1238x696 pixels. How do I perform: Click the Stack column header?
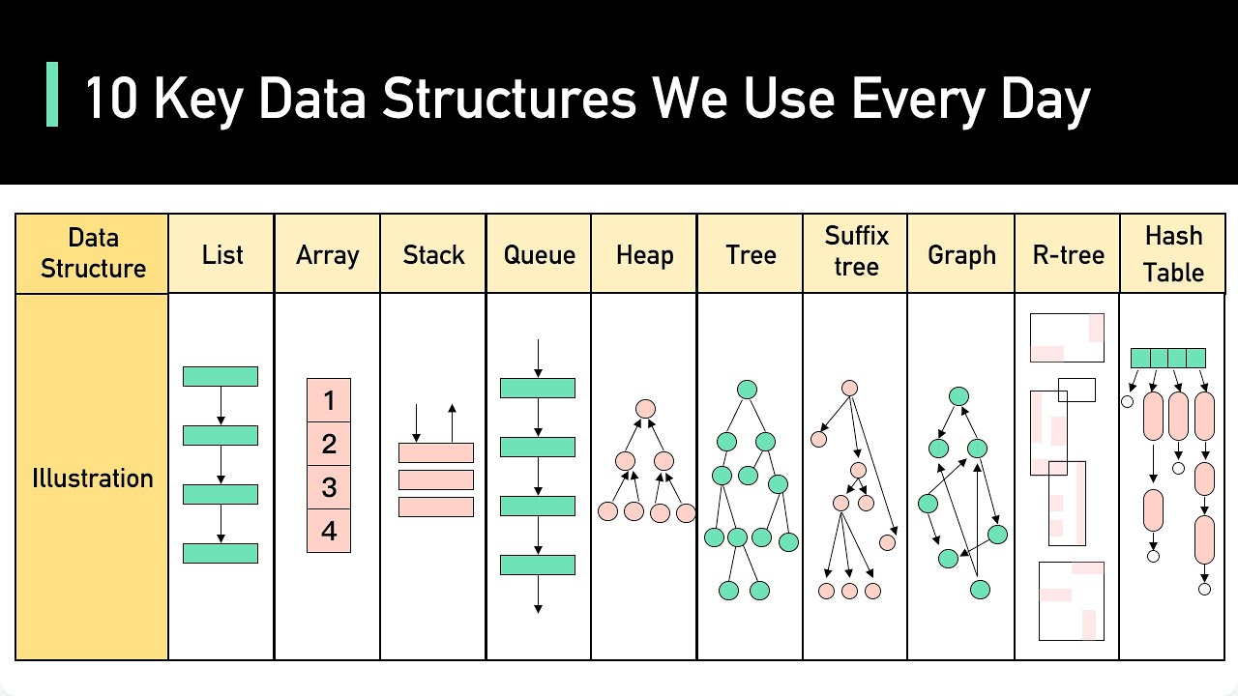pos(433,255)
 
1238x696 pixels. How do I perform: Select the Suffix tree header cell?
pos(856,251)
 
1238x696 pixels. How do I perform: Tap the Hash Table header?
pos(1172,253)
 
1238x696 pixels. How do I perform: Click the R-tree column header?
pos(1068,255)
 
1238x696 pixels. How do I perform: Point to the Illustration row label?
pos(93,478)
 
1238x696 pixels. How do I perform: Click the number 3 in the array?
pos(329,487)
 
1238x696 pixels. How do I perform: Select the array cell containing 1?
pos(329,399)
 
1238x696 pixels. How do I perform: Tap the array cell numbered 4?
pos(329,531)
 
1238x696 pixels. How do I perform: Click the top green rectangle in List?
pos(221,376)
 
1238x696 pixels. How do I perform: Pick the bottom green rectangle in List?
pos(221,553)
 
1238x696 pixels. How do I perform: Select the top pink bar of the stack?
pos(436,452)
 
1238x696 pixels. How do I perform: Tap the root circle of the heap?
pos(645,409)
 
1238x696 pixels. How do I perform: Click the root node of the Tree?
pos(747,390)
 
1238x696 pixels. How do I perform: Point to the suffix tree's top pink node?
pos(849,388)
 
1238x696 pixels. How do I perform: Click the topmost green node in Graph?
pos(958,396)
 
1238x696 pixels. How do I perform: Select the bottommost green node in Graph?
pos(980,589)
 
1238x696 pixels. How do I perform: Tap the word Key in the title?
pos(197,99)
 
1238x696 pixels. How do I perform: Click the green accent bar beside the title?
pos(52,95)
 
